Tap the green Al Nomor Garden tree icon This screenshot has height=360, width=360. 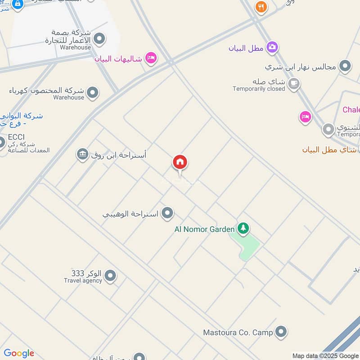[x=243, y=228]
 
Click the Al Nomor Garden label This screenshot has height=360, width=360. [x=204, y=229]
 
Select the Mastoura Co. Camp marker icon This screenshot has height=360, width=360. [x=281, y=332]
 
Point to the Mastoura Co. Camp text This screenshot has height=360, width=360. [x=238, y=333]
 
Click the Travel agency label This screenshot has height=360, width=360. [x=83, y=281]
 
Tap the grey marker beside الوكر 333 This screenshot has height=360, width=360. [x=110, y=275]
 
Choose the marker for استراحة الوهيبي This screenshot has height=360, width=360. [x=167, y=212]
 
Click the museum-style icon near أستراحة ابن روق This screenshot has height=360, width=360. [x=82, y=154]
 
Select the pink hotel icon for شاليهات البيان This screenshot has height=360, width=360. [x=151, y=58]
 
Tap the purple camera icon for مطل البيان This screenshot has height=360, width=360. [x=272, y=47]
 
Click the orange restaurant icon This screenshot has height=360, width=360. [x=261, y=7]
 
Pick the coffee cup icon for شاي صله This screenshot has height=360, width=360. [x=294, y=84]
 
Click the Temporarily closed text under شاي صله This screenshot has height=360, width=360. [x=259, y=89]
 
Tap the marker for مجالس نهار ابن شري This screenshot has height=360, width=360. [x=345, y=66]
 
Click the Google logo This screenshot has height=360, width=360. [x=19, y=353]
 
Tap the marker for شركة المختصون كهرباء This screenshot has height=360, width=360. [x=93, y=93]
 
